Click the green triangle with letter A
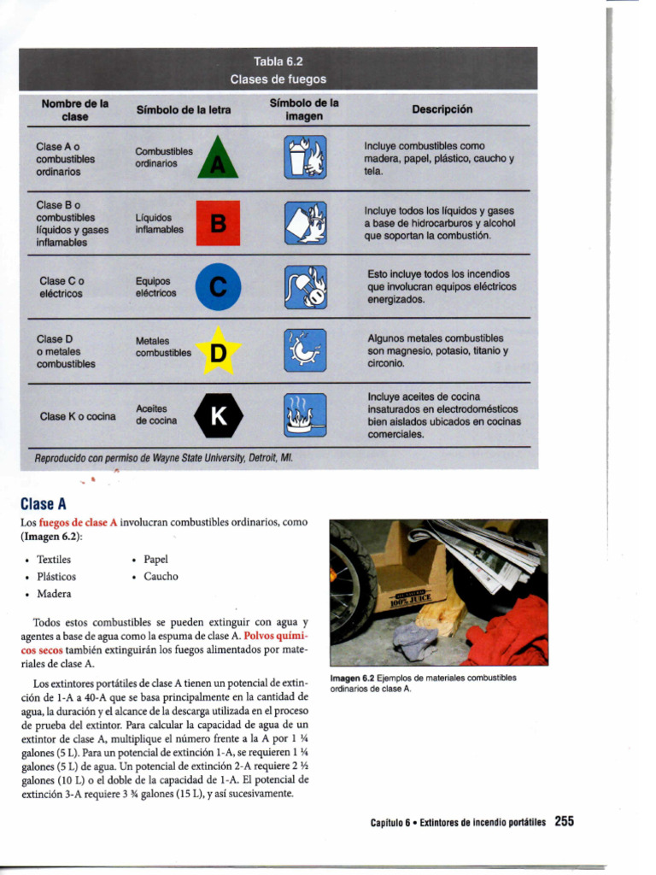click(x=219, y=160)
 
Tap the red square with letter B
click(x=219, y=223)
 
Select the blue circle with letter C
click(x=219, y=287)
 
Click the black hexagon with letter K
click(x=219, y=416)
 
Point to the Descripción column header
click(x=442, y=109)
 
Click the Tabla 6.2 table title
click(x=278, y=62)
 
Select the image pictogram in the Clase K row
click(x=305, y=415)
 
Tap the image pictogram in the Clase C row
click(x=305, y=287)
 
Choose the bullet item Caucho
click(x=161, y=577)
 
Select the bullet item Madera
click(x=54, y=594)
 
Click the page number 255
click(x=564, y=821)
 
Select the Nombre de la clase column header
click(x=75, y=109)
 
